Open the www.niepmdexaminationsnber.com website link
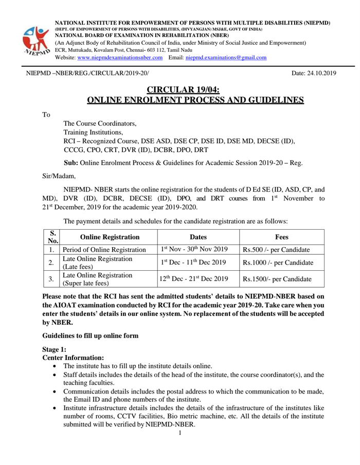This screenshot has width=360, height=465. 120,58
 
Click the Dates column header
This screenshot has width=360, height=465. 197,237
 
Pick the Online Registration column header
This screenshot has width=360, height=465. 107,237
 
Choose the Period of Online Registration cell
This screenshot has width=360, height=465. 107,250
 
